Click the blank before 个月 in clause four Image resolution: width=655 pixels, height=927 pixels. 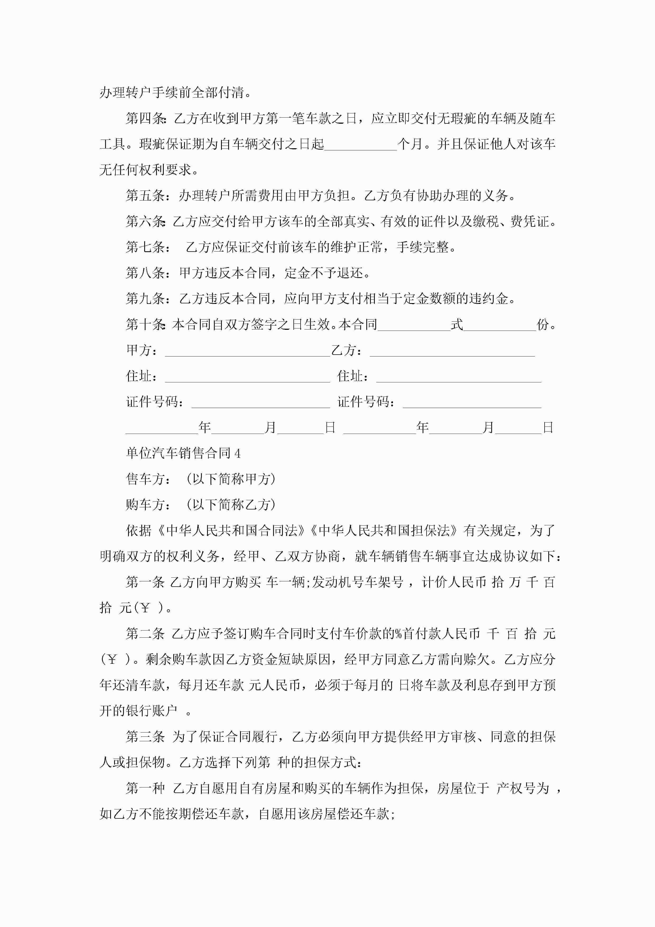coord(361,145)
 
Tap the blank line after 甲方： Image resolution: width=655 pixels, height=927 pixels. coord(247,351)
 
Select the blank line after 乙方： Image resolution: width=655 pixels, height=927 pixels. coord(452,351)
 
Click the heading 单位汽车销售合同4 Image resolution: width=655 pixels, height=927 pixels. coord(183,453)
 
